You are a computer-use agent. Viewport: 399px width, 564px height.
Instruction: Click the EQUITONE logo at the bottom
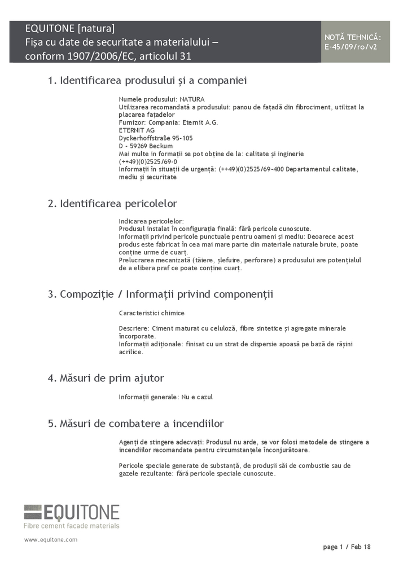(x=72, y=512)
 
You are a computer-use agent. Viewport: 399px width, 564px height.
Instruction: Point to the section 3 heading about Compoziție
(x=160, y=294)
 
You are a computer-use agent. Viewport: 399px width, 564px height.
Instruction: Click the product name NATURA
(x=192, y=99)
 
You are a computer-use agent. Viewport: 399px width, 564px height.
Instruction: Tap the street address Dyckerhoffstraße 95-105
(x=156, y=138)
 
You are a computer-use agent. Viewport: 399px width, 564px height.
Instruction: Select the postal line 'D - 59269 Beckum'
(x=146, y=146)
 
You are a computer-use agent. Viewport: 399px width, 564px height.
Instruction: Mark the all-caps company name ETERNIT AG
(x=137, y=130)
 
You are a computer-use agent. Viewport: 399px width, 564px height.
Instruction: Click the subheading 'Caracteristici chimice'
(x=151, y=313)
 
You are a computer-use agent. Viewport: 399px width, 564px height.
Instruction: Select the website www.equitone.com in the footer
(x=50, y=540)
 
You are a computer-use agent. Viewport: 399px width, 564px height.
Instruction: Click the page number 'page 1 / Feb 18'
(x=347, y=547)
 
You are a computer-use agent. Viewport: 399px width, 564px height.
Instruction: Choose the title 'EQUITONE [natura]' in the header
(x=70, y=28)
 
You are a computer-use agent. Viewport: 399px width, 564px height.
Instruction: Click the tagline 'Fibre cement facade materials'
(x=72, y=526)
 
